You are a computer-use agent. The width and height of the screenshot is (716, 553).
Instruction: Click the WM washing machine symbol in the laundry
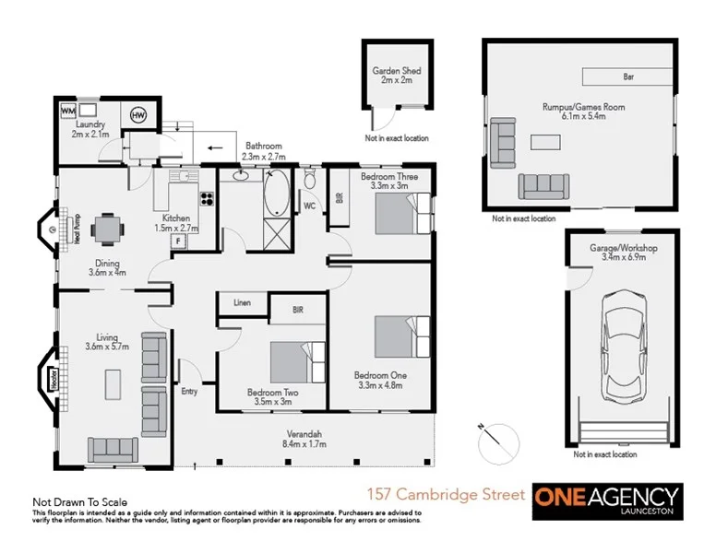[68, 112]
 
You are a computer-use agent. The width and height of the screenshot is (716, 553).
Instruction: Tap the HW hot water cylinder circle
[138, 115]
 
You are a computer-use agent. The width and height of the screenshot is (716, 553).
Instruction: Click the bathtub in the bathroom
[275, 194]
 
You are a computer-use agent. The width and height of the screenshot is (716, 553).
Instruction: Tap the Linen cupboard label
[243, 302]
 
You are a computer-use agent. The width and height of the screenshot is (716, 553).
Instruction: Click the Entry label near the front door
[189, 392]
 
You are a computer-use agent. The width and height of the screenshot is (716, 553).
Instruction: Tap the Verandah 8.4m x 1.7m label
[304, 439]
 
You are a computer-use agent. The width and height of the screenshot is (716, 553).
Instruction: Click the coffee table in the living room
[113, 382]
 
